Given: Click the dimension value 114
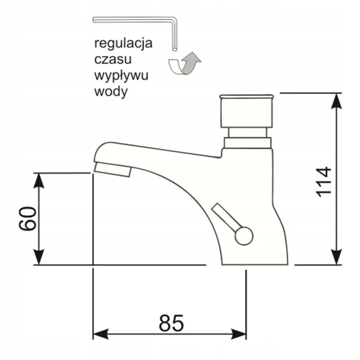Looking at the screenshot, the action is [x=324, y=182].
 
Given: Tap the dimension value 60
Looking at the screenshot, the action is [x=27, y=219].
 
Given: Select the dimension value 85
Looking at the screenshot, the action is [x=171, y=323].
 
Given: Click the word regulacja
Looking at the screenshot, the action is [x=123, y=44].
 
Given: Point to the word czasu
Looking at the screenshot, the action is [x=113, y=59].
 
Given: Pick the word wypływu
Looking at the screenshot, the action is [x=121, y=76].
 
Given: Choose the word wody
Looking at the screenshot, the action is [x=111, y=92].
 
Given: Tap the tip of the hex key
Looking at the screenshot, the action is [x=175, y=49].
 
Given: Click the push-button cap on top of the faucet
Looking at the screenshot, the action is [x=247, y=111].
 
